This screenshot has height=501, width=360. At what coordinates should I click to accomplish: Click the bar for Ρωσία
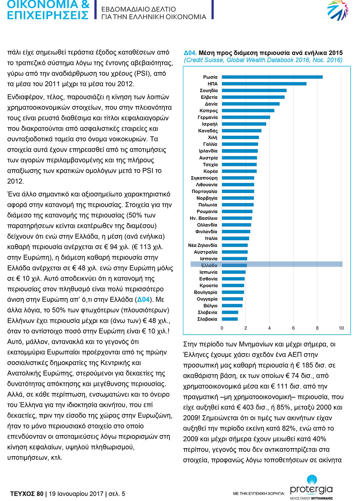272,77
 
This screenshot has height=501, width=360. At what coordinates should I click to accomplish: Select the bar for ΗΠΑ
264,84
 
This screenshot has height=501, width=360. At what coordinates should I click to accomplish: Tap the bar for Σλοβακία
229,319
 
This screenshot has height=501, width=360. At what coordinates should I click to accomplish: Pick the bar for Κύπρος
248,111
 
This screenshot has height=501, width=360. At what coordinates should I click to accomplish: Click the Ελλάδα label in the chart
209,265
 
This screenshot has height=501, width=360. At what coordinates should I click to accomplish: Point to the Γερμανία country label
207,118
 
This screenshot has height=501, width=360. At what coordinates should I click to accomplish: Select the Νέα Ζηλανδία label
202,245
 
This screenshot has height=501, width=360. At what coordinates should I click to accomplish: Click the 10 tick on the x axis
341,328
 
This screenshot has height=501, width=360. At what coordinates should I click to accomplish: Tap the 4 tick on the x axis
269,328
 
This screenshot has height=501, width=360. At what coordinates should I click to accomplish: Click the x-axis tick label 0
222,328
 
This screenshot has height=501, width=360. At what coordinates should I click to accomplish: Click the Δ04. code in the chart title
190,53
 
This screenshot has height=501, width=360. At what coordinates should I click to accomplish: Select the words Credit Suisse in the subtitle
205,60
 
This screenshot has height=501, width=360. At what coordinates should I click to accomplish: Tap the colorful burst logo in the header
337,10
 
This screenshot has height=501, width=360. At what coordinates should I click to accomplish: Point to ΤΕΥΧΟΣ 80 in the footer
27,494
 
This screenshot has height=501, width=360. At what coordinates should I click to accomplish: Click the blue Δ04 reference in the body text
143,300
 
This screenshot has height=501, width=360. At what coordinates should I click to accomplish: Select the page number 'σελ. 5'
117,494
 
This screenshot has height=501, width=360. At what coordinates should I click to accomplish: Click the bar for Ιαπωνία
234,272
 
